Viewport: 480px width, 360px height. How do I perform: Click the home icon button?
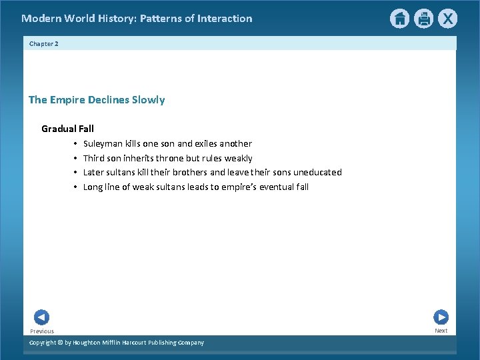(399, 19)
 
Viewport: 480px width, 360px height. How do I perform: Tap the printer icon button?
(423, 19)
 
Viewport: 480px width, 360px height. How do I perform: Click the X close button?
(448, 19)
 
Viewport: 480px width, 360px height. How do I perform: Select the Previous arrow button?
(41, 317)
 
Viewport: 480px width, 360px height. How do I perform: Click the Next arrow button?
(441, 317)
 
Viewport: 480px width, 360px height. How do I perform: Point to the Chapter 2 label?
(44, 43)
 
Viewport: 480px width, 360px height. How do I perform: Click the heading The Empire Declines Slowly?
(97, 100)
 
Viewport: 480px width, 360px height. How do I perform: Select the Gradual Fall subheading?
(67, 129)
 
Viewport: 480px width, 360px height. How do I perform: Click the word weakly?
(238, 158)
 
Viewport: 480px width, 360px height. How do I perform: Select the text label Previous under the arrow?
(42, 331)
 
